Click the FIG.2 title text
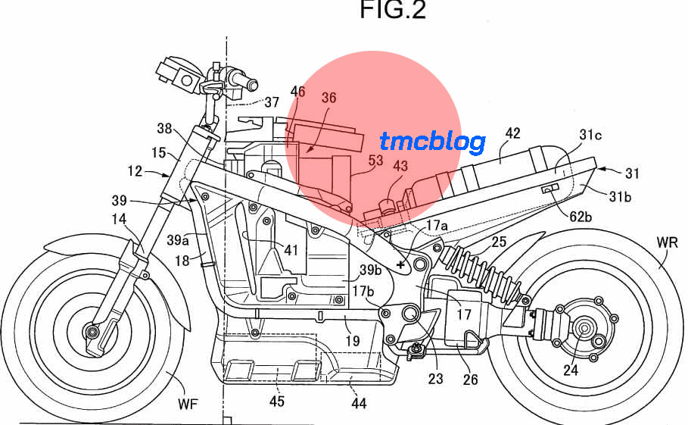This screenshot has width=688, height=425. (393, 10)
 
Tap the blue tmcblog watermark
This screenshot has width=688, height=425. (432, 142)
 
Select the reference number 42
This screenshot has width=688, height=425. (512, 133)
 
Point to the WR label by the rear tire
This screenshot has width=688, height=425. (667, 242)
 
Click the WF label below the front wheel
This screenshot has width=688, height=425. (188, 404)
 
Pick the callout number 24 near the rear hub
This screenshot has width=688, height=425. (571, 370)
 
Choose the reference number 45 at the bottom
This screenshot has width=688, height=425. (276, 401)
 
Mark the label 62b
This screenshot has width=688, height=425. (581, 217)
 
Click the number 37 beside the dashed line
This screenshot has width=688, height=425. (272, 102)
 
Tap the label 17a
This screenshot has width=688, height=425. (437, 225)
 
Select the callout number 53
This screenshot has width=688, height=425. (375, 161)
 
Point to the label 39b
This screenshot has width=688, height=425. (371, 270)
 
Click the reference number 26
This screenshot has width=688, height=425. (470, 380)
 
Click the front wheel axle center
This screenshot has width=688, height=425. (92, 332)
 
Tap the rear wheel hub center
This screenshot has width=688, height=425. (584, 328)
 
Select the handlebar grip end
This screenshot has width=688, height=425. (252, 84)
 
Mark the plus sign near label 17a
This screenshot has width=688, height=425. (400, 264)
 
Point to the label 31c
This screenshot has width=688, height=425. (590, 135)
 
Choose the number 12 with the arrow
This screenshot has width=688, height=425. (135, 170)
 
